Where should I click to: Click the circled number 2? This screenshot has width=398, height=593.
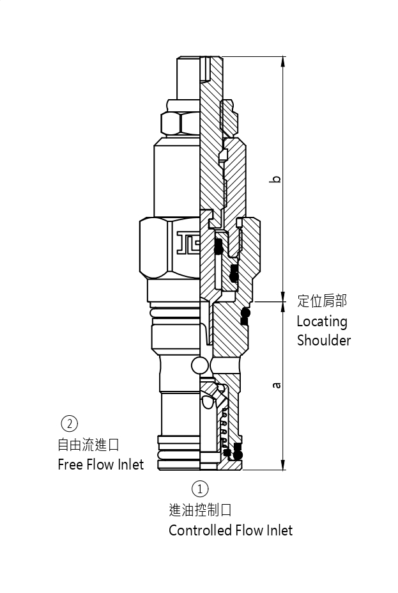(69, 423)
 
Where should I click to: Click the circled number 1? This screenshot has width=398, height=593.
(200, 489)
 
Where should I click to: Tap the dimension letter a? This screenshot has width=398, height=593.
(276, 385)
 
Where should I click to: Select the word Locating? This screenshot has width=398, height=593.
(321, 321)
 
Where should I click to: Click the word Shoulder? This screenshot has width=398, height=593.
(323, 340)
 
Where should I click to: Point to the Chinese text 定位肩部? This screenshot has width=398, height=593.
(322, 301)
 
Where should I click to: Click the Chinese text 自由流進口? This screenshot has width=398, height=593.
(88, 444)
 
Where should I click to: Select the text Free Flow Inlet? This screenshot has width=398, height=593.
(100, 464)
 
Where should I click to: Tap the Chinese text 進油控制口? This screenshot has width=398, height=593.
(199, 510)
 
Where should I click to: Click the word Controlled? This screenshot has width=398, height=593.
(199, 530)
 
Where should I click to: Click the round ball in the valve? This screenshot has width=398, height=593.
(199, 365)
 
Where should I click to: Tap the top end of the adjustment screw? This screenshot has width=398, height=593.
(189, 59)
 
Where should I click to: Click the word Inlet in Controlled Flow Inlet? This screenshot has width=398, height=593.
(279, 530)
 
